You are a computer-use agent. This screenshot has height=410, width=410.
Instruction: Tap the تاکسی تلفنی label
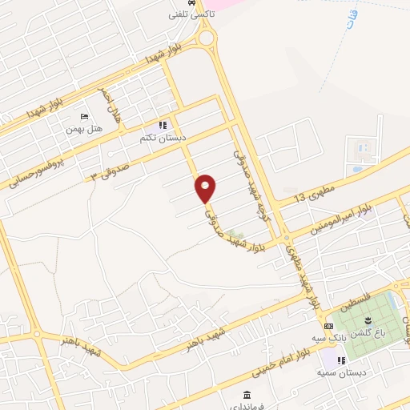coord(188,14)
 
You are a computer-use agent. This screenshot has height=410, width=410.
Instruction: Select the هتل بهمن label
coord(84,129)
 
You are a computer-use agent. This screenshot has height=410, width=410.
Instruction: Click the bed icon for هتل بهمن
coord(85,118)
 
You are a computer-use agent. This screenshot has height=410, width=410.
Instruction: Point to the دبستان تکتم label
coord(163,138)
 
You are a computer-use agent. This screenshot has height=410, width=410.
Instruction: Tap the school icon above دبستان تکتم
coord(163,126)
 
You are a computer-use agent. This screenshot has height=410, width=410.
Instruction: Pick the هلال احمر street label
coord(110,104)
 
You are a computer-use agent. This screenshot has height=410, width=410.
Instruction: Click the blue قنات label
coord(352,20)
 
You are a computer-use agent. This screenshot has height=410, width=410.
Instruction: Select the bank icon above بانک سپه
coord(328,326)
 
